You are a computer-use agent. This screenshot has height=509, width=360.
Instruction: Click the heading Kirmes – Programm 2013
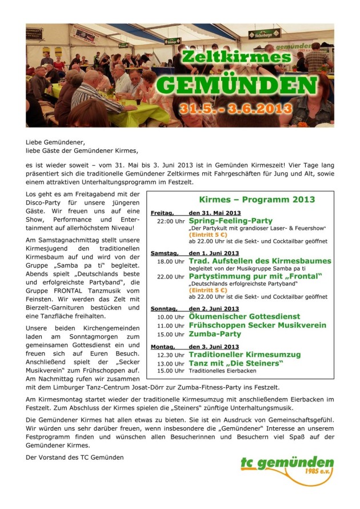[x=257, y=200]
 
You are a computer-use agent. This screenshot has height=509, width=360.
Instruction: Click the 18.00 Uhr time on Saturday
[x=171, y=261]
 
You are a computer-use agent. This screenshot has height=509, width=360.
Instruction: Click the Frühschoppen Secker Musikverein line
[x=258, y=325]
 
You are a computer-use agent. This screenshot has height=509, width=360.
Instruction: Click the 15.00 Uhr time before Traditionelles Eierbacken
[x=171, y=371]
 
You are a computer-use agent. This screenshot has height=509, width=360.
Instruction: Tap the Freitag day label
[x=162, y=213]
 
